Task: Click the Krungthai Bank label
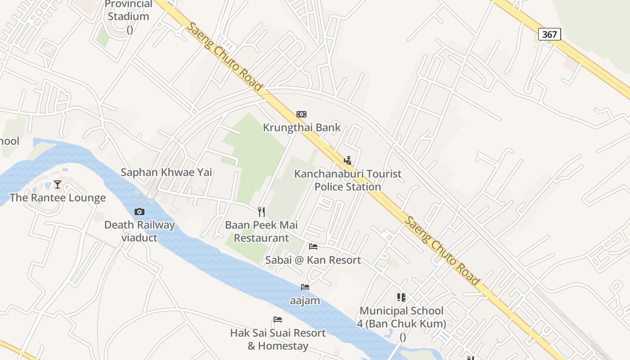(301, 127)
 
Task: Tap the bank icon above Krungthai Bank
(301, 114)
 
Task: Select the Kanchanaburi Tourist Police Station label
(347, 180)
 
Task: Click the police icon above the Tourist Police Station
(347, 160)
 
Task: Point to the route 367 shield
(549, 34)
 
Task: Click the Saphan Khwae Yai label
(166, 172)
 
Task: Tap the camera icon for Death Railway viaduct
(139, 211)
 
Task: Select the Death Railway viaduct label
(139, 231)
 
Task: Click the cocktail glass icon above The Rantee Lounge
(58, 184)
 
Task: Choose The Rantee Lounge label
(58, 198)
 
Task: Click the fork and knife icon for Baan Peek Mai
(261, 211)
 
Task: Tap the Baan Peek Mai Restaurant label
(261, 231)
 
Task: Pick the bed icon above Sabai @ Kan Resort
(313, 246)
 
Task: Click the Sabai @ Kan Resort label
(313, 260)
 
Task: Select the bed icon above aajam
(305, 287)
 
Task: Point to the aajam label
(305, 300)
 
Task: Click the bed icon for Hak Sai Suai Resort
(278, 319)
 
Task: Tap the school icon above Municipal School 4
(401, 297)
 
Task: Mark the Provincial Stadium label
(128, 10)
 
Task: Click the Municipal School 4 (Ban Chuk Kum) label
(401, 317)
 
